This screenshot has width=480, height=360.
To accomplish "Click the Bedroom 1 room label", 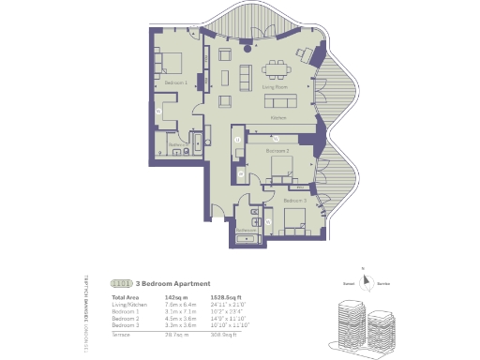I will coord(175,83).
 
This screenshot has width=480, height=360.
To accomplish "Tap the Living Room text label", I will coord(275,87).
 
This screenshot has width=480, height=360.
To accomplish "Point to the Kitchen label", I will coord(278,119).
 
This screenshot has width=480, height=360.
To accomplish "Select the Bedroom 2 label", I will coord(277,150).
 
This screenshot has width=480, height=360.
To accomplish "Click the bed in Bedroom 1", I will coord(171,64).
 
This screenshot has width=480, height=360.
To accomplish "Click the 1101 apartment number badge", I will coord(121,283).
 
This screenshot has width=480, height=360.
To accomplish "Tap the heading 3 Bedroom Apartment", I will coord(173,283).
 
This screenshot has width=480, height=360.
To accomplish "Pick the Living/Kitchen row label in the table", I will coord(128,304).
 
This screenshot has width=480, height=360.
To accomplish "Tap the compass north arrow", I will coord(373,284).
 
